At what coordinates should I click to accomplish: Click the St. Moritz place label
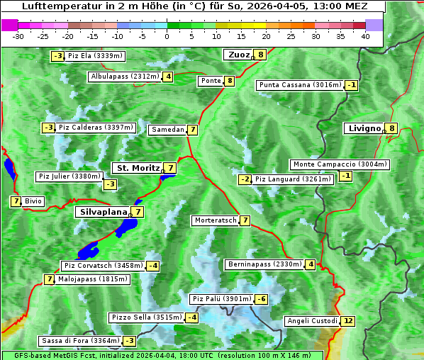coord(137,168)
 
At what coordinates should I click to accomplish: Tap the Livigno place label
coord(364,128)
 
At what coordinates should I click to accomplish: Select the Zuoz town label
coord(238,55)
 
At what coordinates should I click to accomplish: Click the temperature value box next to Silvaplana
coord(138,212)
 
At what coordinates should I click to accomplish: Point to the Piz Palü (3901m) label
coord(221,299)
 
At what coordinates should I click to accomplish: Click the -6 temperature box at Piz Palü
coord(262,299)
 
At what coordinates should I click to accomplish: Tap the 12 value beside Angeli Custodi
coord(347,321)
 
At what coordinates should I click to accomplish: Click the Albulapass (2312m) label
coord(124,77)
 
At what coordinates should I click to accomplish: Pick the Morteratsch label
coord(215,220)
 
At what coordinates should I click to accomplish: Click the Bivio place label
coord(33,201)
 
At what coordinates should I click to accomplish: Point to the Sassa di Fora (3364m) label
coord(79,341)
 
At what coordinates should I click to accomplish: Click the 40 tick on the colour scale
coord(364,36)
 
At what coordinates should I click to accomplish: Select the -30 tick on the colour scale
coord(18,36)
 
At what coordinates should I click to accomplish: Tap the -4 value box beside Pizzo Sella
coord(192,317)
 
